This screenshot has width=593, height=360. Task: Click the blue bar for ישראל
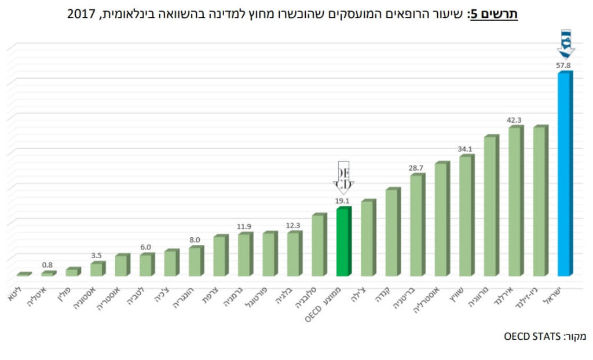[564, 174]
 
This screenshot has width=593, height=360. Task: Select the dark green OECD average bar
[343, 241]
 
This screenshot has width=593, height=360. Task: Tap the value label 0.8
[48, 265]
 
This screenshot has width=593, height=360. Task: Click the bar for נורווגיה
[490, 205]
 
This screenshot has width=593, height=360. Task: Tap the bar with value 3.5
[97, 269]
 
